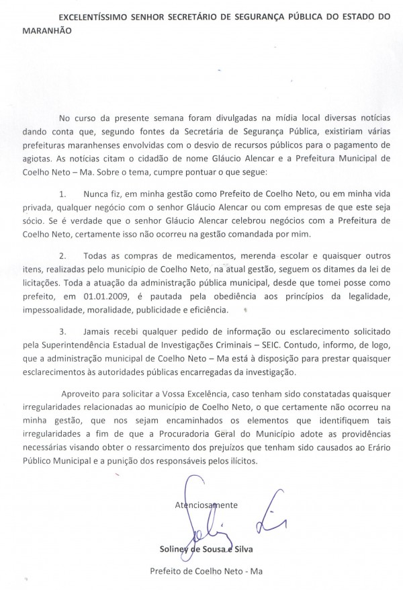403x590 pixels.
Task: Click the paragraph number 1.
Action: point(81,193)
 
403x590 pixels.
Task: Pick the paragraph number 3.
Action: point(81,332)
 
